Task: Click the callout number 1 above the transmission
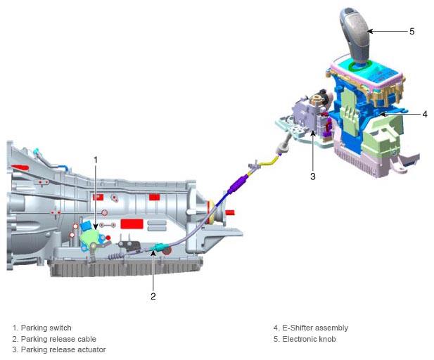(x=96, y=160)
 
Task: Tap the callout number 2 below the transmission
(x=153, y=296)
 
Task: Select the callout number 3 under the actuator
(x=313, y=176)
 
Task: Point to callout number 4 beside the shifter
(x=425, y=114)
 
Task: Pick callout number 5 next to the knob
(x=412, y=31)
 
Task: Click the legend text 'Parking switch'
(x=46, y=328)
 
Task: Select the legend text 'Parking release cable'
(x=58, y=339)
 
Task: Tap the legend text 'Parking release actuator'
(x=63, y=349)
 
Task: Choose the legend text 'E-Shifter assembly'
(x=315, y=328)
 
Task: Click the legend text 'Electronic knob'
(x=309, y=339)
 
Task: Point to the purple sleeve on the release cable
(x=236, y=184)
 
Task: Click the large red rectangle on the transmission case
(x=132, y=224)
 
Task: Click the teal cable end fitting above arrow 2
(x=159, y=247)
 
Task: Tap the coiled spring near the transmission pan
(x=115, y=257)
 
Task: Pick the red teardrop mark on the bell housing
(x=20, y=167)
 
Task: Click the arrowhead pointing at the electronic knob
(x=370, y=31)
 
